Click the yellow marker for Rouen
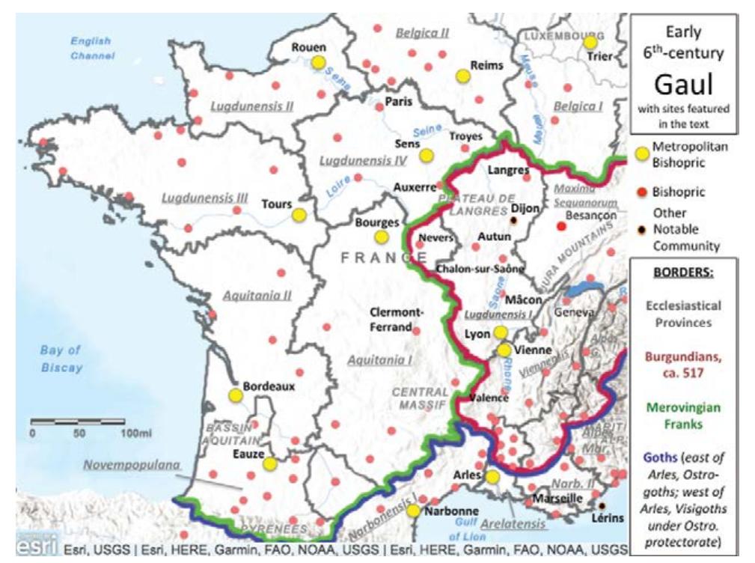pos(318,62)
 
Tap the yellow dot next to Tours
pos(299,215)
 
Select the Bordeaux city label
pos(269,387)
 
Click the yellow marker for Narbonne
pos(413,511)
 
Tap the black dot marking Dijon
pos(514,222)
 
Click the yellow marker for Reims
pos(463,76)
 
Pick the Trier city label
pos(601,56)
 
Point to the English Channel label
pos(92,49)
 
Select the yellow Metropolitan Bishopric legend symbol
pos(641,153)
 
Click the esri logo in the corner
pos(35,549)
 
